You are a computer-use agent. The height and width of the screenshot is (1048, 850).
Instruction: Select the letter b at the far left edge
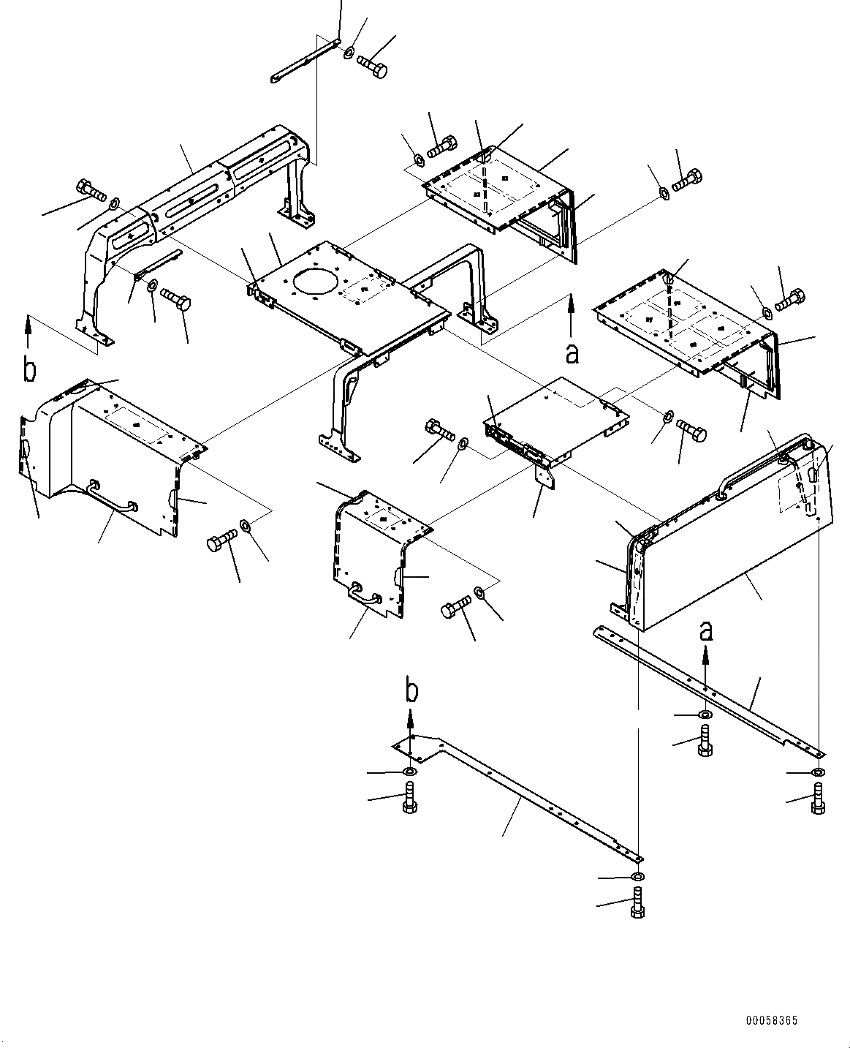29,370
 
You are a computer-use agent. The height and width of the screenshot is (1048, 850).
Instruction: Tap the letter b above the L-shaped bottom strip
412,690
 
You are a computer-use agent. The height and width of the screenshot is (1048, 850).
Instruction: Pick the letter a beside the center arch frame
572,353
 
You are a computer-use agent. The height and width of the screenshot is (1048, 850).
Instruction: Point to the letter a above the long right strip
705,630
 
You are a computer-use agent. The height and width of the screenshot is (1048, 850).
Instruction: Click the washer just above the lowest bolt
637,876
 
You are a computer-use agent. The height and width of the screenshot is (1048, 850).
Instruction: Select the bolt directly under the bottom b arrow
409,797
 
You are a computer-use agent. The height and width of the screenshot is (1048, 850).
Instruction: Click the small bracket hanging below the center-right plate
544,478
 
